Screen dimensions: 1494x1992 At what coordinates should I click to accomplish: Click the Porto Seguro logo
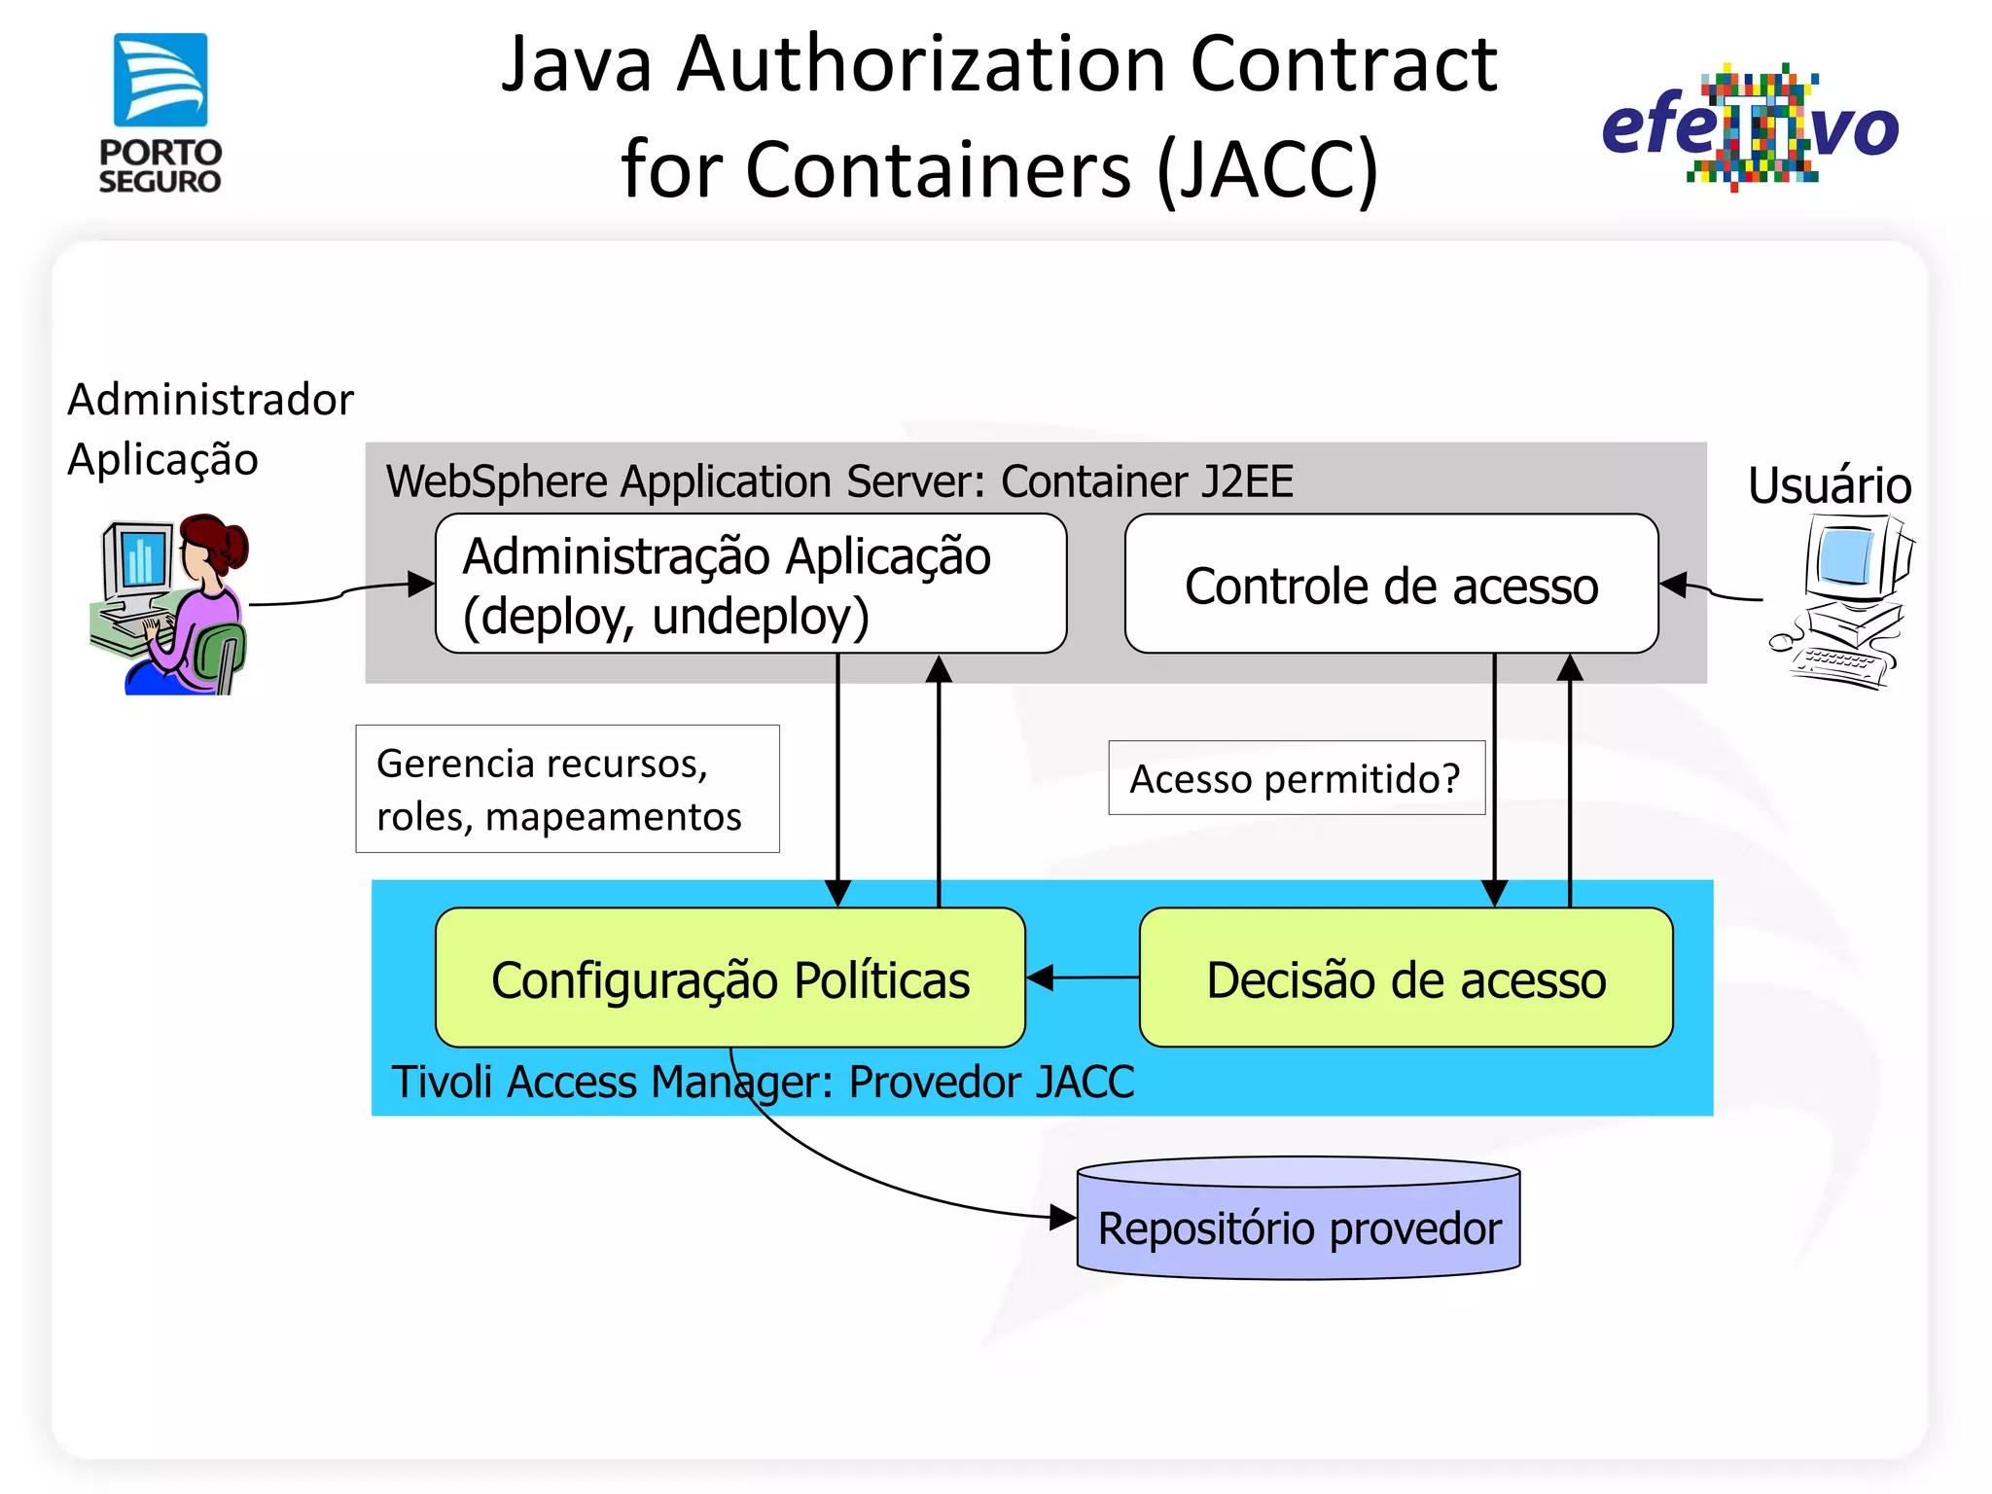160,112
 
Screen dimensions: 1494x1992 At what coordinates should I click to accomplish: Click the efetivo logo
1750,127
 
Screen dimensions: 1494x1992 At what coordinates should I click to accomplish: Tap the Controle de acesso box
1391,585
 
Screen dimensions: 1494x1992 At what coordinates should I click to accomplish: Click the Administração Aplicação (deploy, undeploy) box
750,585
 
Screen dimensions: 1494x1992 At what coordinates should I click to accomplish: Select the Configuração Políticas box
729,978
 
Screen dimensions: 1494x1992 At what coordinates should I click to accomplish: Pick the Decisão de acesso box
1405,978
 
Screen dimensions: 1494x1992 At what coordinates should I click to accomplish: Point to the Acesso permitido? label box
1296,778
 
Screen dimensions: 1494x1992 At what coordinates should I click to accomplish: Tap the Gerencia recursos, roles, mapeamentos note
567,789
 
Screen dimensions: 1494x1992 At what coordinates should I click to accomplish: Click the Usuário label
1829,485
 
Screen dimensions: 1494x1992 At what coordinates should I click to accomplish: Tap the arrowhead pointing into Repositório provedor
1064,1217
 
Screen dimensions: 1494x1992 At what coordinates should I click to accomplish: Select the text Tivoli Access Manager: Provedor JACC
763,1082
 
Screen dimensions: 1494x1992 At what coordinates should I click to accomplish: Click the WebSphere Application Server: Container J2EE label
839,481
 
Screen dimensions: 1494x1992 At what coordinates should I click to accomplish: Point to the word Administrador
210,400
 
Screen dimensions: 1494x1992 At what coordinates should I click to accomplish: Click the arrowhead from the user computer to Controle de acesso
1673,585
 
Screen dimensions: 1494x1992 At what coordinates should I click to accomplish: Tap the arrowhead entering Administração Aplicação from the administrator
422,584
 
